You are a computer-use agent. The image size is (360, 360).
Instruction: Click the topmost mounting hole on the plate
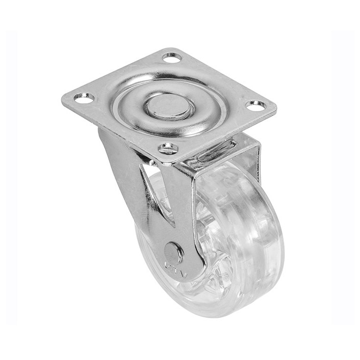point(172,57)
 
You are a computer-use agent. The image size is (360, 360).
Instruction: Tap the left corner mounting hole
point(84,98)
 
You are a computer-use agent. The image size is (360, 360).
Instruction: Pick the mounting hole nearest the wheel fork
point(168,148)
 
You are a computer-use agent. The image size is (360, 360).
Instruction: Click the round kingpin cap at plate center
point(169,107)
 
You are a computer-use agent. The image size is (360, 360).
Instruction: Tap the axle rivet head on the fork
point(174,253)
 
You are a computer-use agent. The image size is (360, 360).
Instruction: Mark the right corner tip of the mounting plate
point(276,108)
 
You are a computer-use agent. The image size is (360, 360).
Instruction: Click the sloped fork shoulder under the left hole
point(114,153)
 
